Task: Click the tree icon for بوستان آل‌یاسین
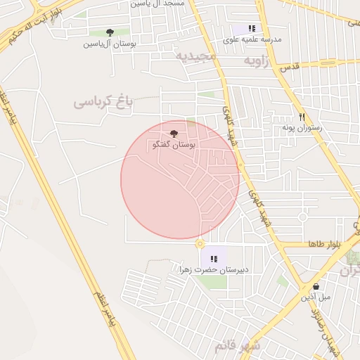click(110, 32)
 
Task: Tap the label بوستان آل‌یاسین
click(110, 44)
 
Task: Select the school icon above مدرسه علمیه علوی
click(252, 29)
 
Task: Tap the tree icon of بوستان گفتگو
click(174, 133)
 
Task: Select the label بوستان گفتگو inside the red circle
click(174, 144)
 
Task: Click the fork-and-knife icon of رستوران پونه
click(302, 117)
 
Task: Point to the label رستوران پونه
click(302, 128)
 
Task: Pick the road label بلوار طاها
click(324, 244)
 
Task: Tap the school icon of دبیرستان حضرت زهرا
click(214, 259)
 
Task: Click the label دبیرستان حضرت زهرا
click(209, 269)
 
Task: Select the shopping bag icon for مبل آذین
click(315, 286)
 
